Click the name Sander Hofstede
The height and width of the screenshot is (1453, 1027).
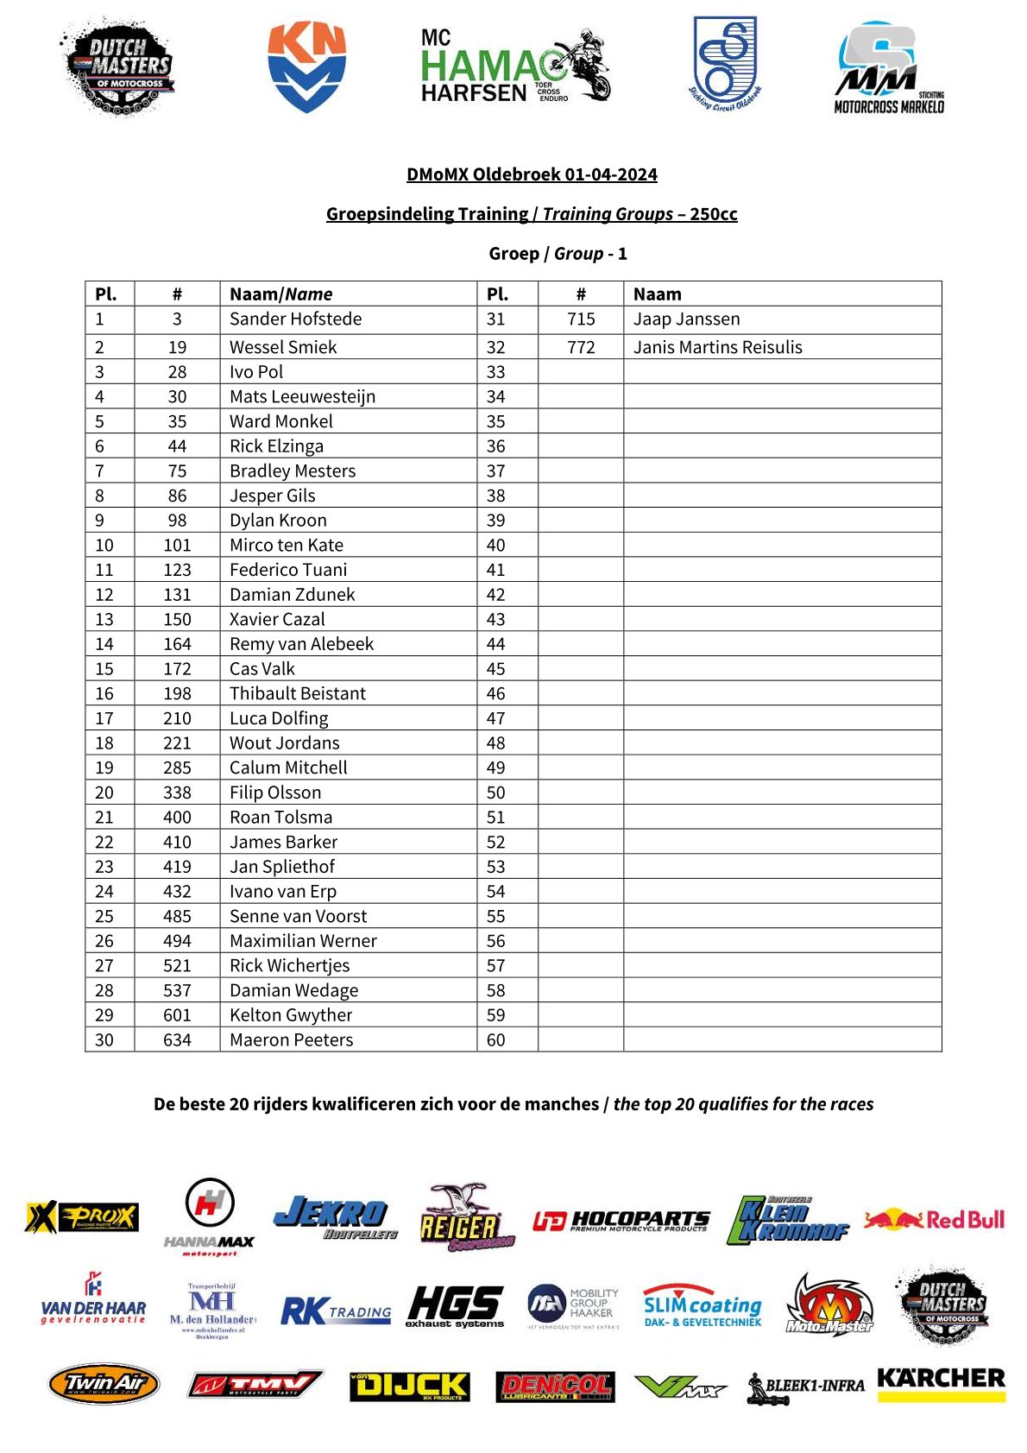(295, 319)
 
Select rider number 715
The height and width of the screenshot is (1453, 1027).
(581, 319)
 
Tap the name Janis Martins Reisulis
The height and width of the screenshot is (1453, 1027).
(717, 347)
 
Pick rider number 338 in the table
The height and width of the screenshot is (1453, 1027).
(177, 793)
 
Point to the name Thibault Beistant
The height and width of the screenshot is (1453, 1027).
(297, 693)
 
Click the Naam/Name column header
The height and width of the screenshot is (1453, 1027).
(280, 294)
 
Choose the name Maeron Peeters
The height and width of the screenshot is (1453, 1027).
(291, 1040)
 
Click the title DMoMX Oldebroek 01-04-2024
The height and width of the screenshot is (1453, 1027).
(532, 174)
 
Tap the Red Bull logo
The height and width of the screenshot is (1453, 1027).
(935, 1220)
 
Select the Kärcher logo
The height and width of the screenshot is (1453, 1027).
(941, 1382)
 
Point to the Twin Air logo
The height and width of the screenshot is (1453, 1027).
(104, 1384)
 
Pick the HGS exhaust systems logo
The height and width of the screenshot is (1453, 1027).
(455, 1306)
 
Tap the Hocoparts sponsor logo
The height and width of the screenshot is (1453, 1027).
(621, 1221)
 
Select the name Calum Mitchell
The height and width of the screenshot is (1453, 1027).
(288, 768)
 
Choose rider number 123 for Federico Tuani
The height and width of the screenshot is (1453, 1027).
(177, 570)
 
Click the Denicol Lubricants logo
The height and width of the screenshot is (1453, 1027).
(555, 1387)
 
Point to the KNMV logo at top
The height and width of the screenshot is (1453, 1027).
(306, 66)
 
